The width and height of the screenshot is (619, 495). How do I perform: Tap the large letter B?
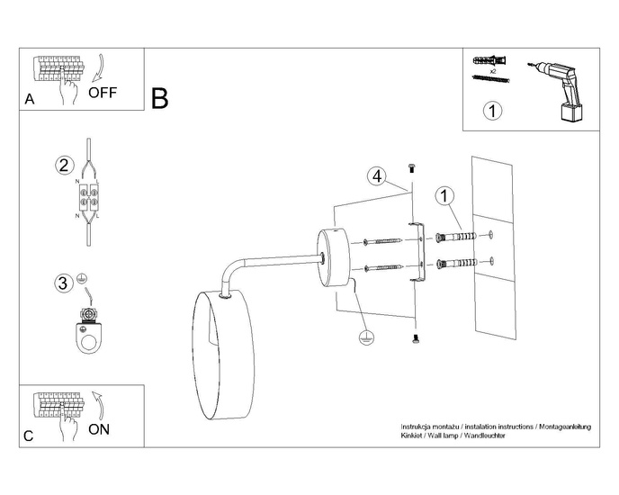pyautogui.click(x=159, y=98)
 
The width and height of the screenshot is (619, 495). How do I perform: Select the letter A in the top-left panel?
pyautogui.click(x=30, y=100)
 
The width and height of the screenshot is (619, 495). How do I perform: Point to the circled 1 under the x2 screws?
pyautogui.click(x=492, y=112)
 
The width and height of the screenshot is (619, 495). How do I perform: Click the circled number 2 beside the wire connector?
pyautogui.click(x=63, y=165)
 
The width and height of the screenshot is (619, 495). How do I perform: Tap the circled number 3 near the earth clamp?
pyautogui.click(x=62, y=283)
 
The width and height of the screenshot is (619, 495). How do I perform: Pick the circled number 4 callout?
pyautogui.click(x=378, y=175)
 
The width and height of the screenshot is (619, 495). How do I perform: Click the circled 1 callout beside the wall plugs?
pyautogui.click(x=443, y=195)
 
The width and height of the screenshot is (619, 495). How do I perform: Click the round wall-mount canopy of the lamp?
pyautogui.click(x=333, y=255)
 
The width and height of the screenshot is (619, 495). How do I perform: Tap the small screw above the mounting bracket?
pyautogui.click(x=413, y=166)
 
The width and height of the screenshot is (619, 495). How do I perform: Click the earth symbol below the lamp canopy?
pyautogui.click(x=365, y=337)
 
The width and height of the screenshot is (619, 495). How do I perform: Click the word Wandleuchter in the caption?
pyautogui.click(x=484, y=435)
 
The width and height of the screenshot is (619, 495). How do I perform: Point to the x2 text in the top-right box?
pyautogui.click(x=493, y=69)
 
